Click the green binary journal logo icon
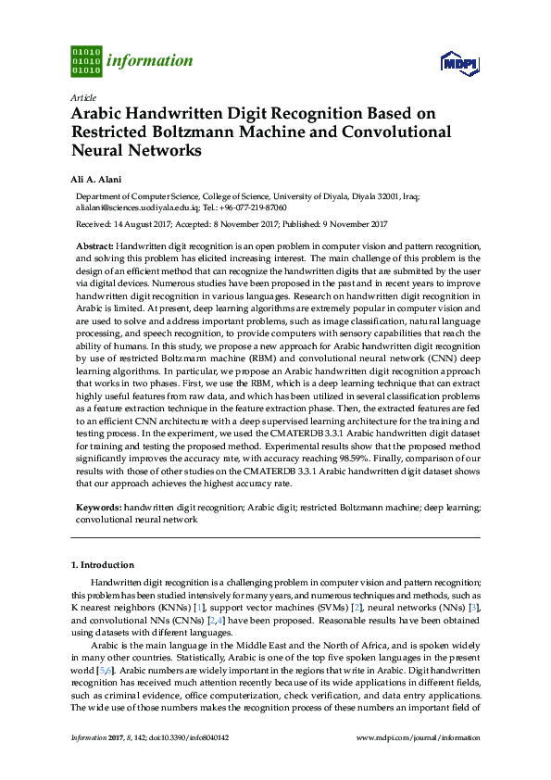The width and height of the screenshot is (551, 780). pos(86,60)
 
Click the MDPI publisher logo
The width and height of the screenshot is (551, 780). pos(459,63)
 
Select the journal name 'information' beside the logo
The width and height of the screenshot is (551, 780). pos(150,61)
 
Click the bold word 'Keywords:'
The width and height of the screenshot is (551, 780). pos(98,508)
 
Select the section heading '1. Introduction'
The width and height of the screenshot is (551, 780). pos(103,564)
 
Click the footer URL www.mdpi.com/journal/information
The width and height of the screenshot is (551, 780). pos(419,737)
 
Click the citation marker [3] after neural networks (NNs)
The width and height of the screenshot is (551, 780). pos(475,605)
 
